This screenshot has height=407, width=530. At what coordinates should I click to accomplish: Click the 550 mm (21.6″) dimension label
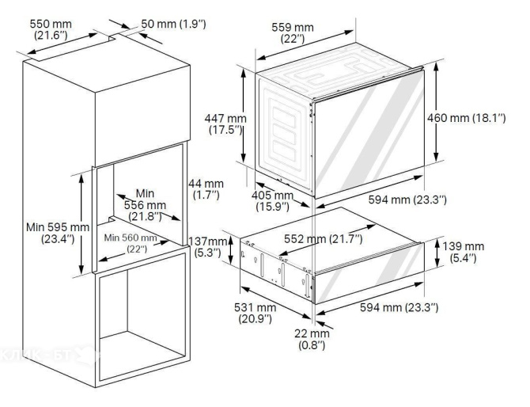(51, 29)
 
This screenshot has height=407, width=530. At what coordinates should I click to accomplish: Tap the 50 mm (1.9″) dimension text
(173, 24)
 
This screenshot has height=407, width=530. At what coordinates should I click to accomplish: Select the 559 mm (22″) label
(293, 32)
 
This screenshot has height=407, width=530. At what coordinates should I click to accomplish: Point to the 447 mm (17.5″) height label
(225, 124)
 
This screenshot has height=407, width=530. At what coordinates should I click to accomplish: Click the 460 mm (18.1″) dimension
(467, 118)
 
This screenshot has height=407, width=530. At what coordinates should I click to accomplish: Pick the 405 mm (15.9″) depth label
(272, 201)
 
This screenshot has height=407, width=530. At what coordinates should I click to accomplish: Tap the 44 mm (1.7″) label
(206, 189)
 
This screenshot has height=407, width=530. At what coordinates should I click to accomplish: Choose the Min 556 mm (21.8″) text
(145, 205)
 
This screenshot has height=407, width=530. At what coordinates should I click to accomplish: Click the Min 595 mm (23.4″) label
(58, 233)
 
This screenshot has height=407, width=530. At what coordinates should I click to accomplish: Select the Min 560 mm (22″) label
(131, 243)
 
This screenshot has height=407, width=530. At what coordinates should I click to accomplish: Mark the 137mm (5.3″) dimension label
(207, 247)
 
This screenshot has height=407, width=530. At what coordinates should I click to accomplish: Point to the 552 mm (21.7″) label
(323, 239)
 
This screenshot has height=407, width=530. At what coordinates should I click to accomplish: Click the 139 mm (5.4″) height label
(463, 252)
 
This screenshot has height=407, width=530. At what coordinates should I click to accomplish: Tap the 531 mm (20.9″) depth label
(256, 313)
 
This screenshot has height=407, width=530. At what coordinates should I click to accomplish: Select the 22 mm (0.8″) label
(312, 340)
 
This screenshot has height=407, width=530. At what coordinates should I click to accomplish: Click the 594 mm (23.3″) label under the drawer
(399, 307)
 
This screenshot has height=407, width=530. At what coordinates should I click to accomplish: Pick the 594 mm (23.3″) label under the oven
(407, 200)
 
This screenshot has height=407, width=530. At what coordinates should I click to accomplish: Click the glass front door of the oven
(369, 134)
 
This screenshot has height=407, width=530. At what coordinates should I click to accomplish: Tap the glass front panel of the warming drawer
(369, 273)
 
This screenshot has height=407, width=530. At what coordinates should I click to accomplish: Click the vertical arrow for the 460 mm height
(437, 112)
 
